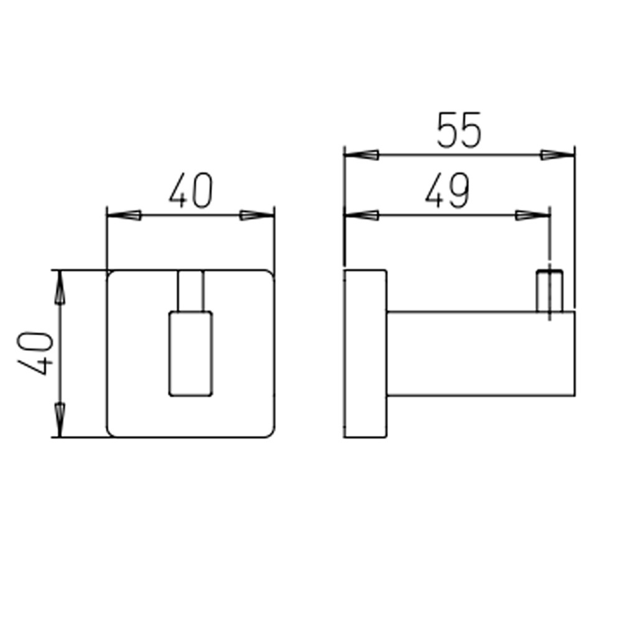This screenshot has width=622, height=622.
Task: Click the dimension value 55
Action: tap(458, 130)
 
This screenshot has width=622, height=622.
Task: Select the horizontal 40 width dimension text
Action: tap(191, 190)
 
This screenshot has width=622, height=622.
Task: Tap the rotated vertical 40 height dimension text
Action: tap(35, 353)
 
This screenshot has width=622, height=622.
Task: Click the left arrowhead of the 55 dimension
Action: tap(361, 155)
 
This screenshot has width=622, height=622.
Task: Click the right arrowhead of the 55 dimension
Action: tap(557, 155)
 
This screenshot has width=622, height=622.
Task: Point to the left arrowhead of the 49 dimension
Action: tap(361, 215)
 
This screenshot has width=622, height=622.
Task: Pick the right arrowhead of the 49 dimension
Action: tap(533, 215)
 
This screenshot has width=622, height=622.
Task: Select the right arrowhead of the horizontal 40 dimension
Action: tap(257, 215)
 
